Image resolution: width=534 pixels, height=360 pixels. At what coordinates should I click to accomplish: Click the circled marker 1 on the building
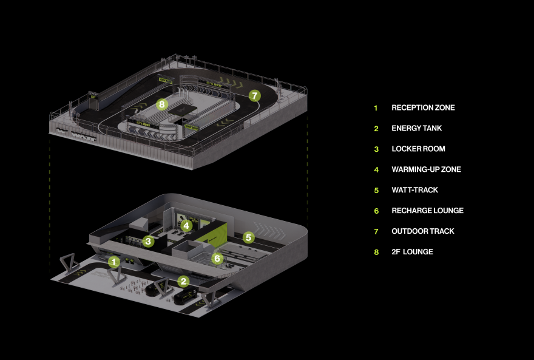[x=113, y=262]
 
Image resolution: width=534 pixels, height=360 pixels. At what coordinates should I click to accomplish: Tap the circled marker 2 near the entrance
[x=183, y=281]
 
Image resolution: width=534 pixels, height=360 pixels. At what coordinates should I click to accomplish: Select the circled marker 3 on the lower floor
[x=148, y=242]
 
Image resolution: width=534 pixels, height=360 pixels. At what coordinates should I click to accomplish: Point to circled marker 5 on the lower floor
[x=248, y=237]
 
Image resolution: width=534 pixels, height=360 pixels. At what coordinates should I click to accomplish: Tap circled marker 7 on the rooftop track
[x=255, y=95]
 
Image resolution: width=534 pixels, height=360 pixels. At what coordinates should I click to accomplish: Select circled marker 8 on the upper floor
[x=161, y=104]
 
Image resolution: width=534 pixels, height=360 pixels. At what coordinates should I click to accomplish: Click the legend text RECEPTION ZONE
[x=423, y=108]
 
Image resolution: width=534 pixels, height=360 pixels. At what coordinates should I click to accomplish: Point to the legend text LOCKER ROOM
[x=418, y=149]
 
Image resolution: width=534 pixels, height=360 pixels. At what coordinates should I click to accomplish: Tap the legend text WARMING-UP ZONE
[x=426, y=169]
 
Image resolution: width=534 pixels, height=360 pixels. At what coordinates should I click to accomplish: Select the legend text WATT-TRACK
[x=414, y=190]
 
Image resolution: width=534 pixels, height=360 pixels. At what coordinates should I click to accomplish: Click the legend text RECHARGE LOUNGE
[x=427, y=211]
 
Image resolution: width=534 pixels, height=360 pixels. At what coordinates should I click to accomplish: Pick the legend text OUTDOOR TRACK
[x=422, y=231]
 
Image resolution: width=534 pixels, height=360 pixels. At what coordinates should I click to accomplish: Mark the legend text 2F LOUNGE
[x=412, y=251]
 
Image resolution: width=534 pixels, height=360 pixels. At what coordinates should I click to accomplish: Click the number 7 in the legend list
[x=376, y=231]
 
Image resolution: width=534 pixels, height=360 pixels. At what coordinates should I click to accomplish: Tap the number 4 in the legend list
[x=376, y=169]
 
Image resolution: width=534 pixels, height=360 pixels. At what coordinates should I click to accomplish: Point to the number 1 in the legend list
[x=376, y=108]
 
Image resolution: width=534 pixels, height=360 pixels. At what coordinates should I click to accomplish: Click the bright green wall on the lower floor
[x=217, y=234]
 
